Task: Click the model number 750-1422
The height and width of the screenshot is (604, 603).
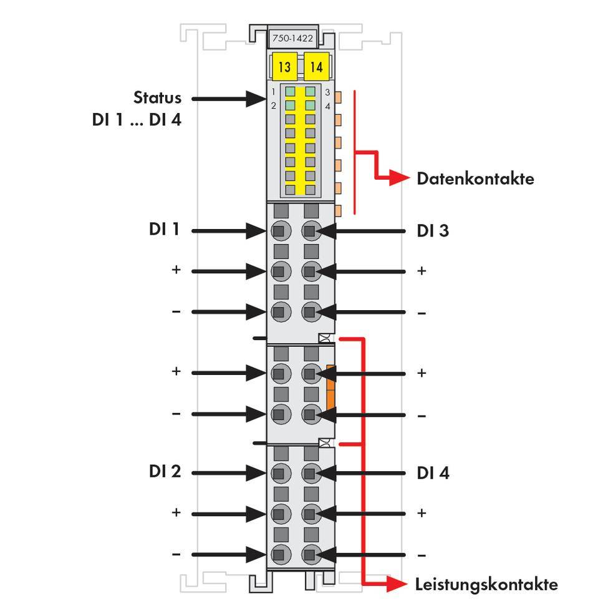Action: coord(292,38)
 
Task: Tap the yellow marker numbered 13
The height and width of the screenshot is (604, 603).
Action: coord(284,66)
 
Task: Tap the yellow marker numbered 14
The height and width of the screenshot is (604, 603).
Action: coord(317,66)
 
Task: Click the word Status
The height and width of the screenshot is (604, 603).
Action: coord(157,97)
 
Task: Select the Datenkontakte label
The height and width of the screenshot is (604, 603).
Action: coord(476,178)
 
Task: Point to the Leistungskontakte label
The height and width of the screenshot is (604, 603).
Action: coord(486,585)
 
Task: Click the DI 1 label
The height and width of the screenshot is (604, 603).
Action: coord(164,229)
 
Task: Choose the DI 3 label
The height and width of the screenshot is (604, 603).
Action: coord(433,231)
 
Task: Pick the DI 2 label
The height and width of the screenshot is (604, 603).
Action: coord(165,472)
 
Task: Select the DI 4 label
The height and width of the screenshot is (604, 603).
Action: coord(433,473)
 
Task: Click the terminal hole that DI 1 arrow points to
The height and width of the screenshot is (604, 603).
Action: coord(281,231)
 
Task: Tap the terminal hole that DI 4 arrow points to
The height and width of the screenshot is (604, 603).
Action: coord(311,473)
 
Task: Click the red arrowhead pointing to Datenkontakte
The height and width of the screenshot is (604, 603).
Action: coord(399,178)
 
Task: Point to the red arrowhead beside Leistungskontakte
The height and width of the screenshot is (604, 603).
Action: coord(397,583)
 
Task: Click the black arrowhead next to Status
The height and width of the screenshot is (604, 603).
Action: coord(256,99)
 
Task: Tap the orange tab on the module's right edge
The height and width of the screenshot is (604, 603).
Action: coord(330,387)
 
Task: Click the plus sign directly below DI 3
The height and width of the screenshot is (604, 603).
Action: coord(422,271)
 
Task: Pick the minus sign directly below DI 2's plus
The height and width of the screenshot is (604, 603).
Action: coord(176,554)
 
